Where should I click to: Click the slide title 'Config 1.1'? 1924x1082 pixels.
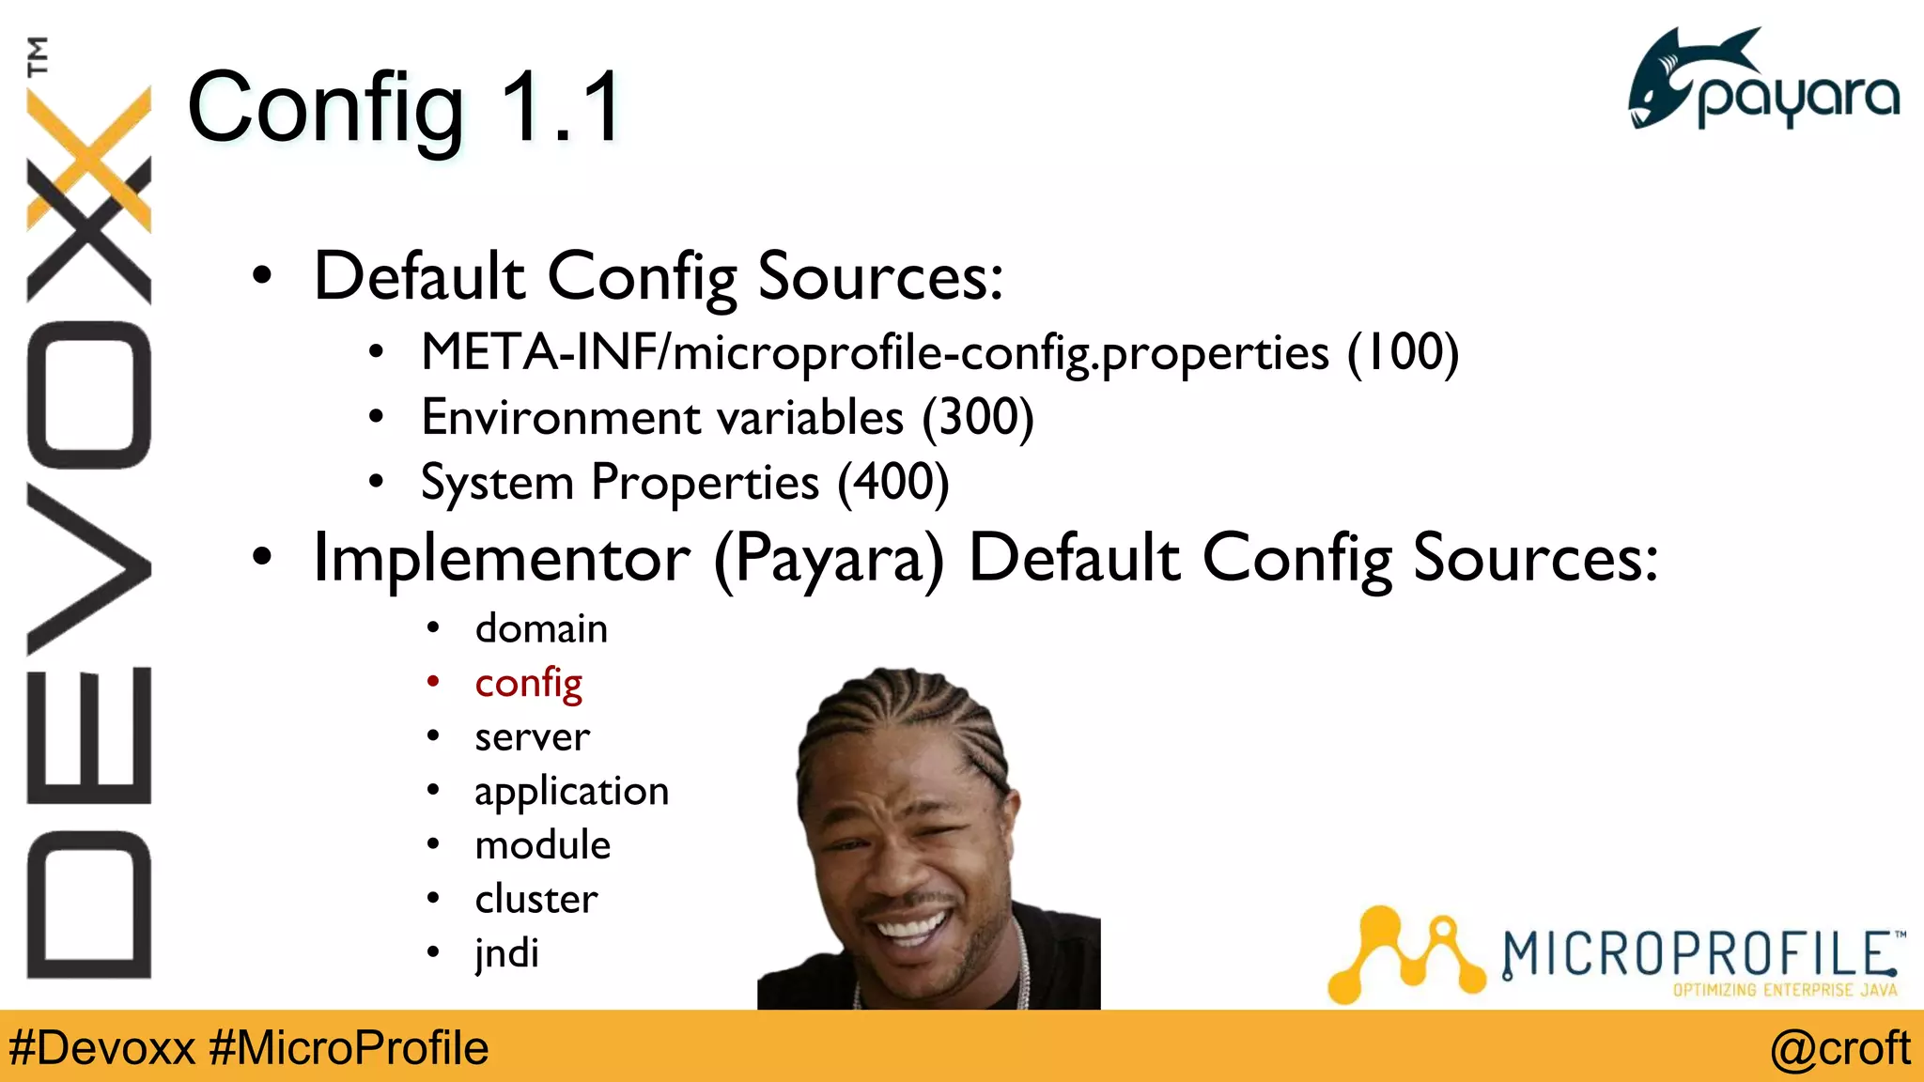click(404, 108)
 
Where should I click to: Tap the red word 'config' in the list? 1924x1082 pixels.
click(528, 684)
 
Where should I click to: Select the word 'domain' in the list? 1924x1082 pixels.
click(541, 629)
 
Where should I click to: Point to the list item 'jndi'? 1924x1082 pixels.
click(506, 953)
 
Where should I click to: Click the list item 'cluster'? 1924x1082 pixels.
click(535, 900)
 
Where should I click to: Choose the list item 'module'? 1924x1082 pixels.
click(542, 845)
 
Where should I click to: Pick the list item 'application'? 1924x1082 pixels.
click(571, 792)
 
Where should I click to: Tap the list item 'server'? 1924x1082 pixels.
click(532, 737)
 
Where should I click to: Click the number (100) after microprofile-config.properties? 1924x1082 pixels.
click(1403, 353)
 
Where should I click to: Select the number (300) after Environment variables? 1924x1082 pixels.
click(977, 418)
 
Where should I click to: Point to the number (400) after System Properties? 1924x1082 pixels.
click(892, 483)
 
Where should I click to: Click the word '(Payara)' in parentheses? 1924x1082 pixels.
click(829, 560)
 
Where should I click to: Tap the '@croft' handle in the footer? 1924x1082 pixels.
click(1839, 1048)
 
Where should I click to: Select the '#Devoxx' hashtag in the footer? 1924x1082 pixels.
click(101, 1048)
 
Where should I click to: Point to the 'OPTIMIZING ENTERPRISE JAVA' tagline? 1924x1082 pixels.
click(1785, 990)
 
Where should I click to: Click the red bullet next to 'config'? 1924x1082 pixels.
click(433, 682)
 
